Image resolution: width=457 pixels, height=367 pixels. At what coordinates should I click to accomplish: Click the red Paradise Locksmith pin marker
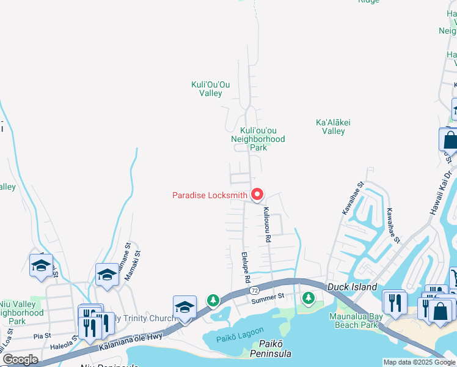pyautogui.click(x=257, y=195)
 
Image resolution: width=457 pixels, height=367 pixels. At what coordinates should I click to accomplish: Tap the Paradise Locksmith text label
pyautogui.click(x=210, y=196)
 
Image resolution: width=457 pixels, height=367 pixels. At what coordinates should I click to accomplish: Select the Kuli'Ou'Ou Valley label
pyautogui.click(x=211, y=89)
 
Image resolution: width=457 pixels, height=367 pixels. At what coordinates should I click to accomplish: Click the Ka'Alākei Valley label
pyautogui.click(x=333, y=127)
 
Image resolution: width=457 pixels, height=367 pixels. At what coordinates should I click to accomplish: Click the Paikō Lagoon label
pyautogui.click(x=238, y=338)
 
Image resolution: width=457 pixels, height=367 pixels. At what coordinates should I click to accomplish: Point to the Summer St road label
pyautogui.click(x=268, y=297)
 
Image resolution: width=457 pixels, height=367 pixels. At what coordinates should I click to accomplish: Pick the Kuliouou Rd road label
pyautogui.click(x=266, y=225)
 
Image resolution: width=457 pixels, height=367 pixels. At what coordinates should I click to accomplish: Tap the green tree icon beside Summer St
pyautogui.click(x=309, y=298)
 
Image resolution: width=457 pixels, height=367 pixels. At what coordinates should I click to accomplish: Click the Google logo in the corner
pyautogui.click(x=20, y=360)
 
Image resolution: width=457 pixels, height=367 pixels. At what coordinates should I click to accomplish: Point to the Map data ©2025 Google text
pyautogui.click(x=419, y=362)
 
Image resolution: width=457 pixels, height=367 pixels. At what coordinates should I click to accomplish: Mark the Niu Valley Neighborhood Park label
pyautogui.click(x=21, y=313)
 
